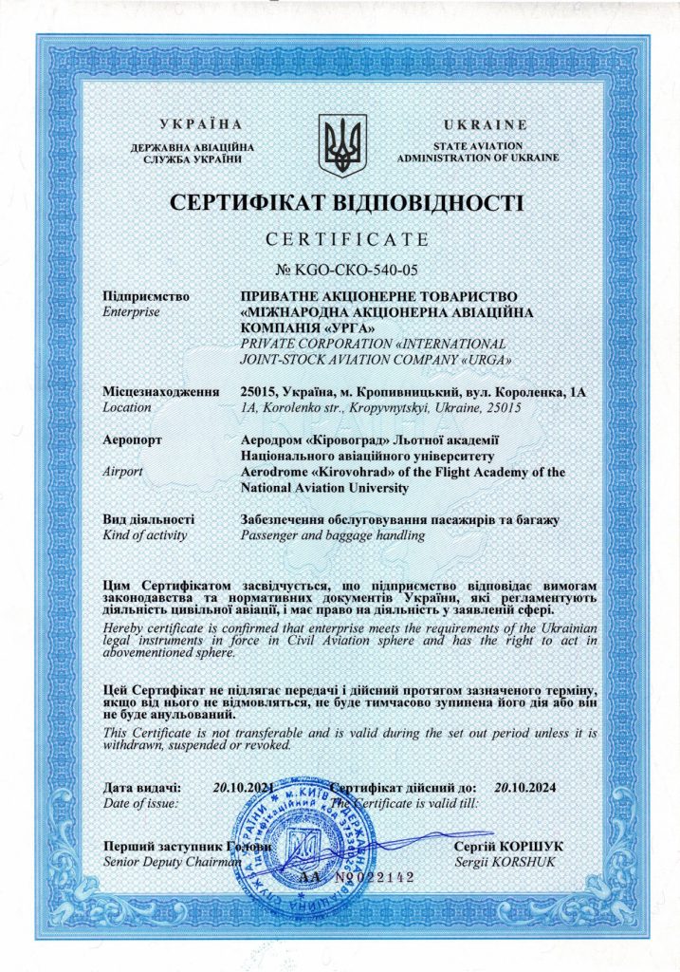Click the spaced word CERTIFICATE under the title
coord(347,238)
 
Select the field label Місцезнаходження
coord(160,391)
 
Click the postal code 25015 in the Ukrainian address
coord(261,391)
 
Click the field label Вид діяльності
coord(148,520)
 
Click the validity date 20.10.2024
coord(528,787)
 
